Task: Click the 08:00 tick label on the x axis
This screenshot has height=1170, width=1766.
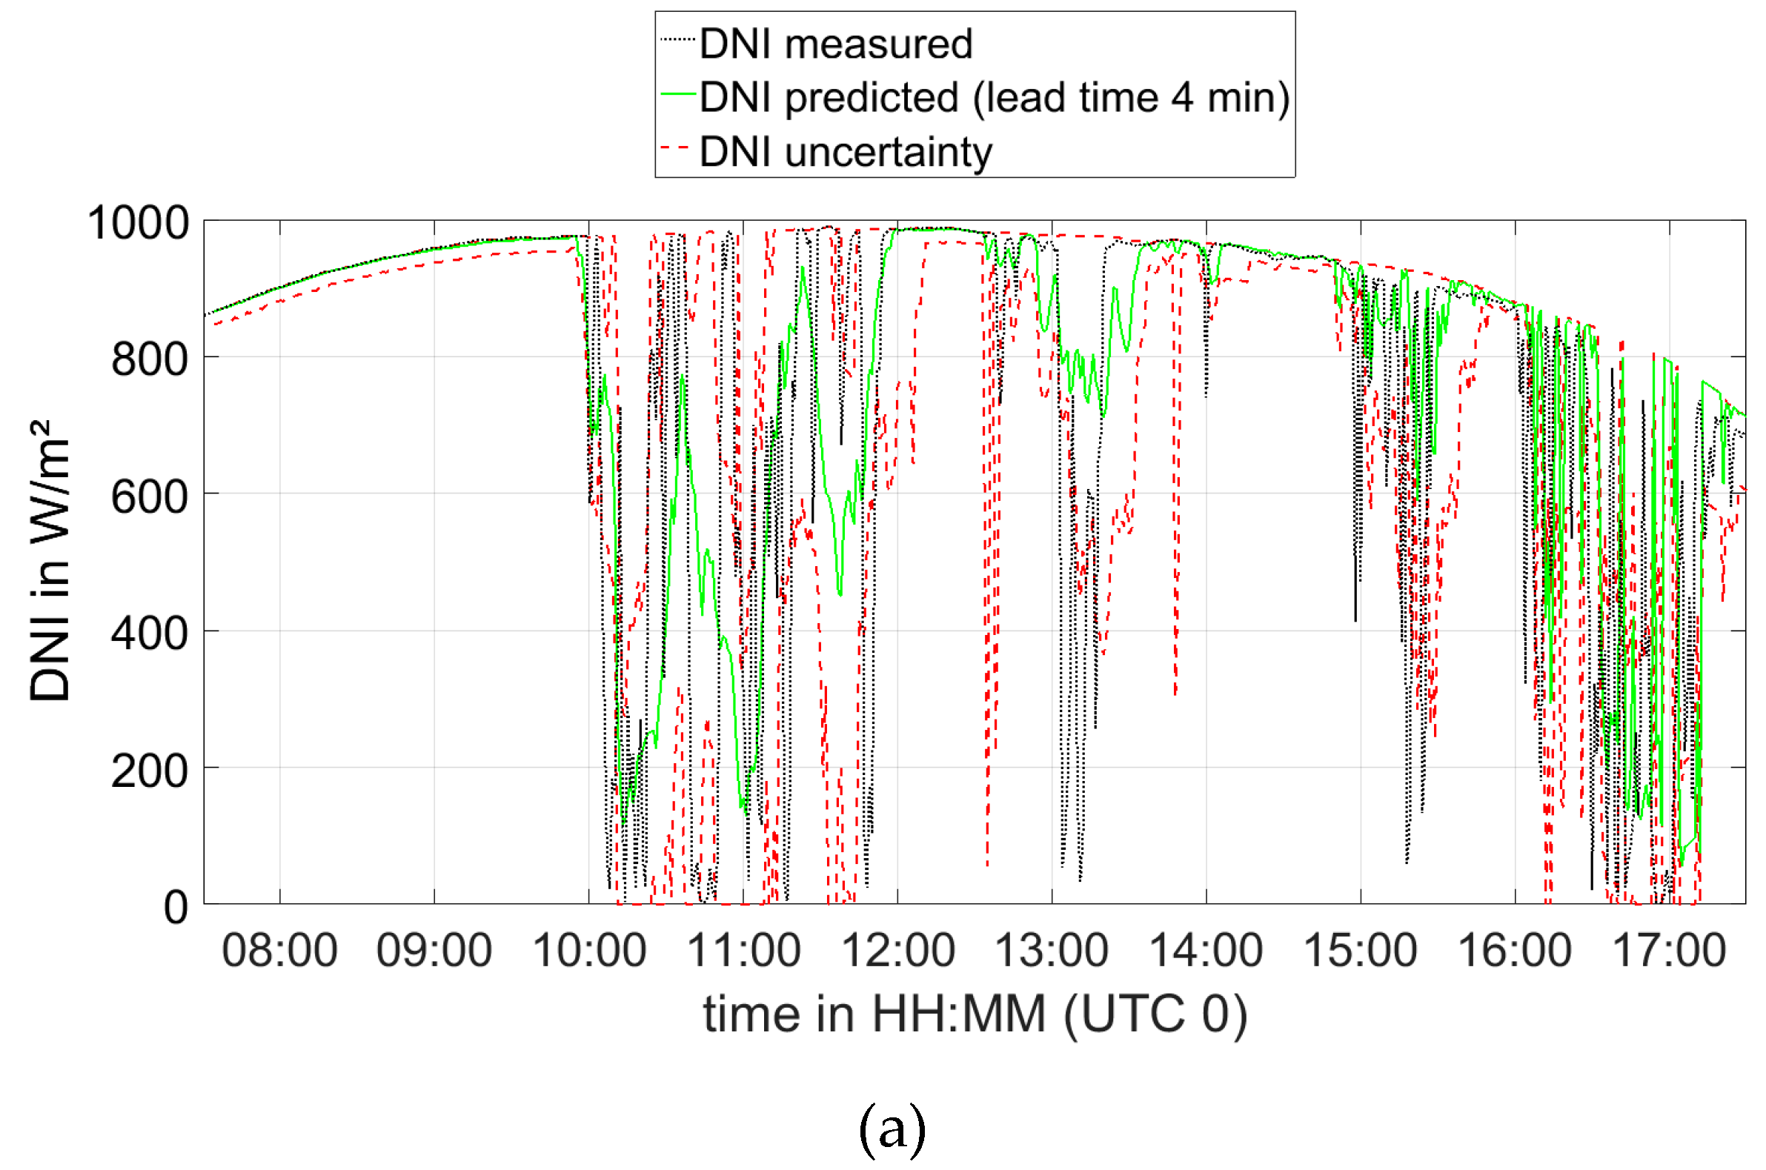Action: pos(279,951)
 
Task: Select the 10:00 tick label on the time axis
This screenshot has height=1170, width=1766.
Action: pos(588,951)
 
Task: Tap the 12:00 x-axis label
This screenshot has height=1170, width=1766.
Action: pos(897,951)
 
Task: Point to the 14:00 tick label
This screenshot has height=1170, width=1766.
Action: pos(1206,951)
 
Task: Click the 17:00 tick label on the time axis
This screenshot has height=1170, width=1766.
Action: pos(1669,951)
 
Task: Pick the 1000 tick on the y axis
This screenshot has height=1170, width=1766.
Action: pos(138,223)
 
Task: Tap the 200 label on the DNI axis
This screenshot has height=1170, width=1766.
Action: pos(149,771)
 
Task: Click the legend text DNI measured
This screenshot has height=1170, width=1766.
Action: pos(836,43)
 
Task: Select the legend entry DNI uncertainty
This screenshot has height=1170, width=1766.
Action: pos(846,152)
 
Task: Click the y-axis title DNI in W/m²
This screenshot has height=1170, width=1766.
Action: pos(50,559)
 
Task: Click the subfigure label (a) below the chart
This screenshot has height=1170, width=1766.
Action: pos(892,1129)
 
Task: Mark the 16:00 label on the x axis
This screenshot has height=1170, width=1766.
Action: pos(1515,951)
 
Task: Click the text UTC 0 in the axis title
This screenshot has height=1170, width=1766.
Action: pos(1155,1014)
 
